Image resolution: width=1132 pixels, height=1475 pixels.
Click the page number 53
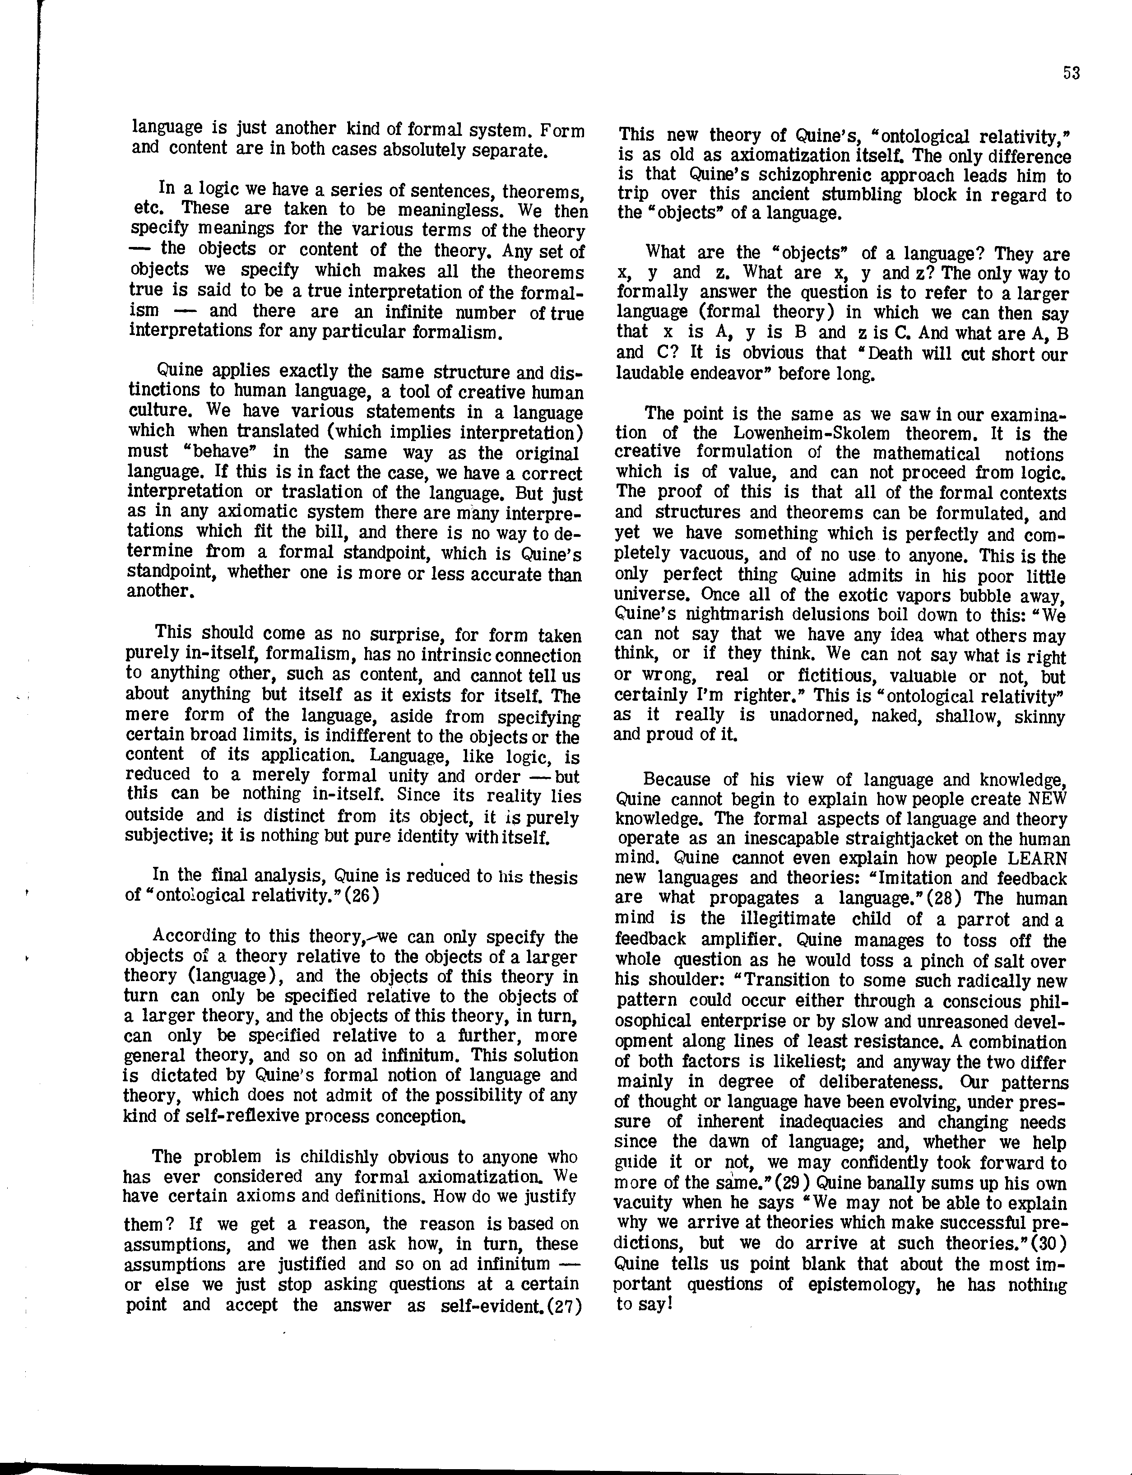(1072, 73)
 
